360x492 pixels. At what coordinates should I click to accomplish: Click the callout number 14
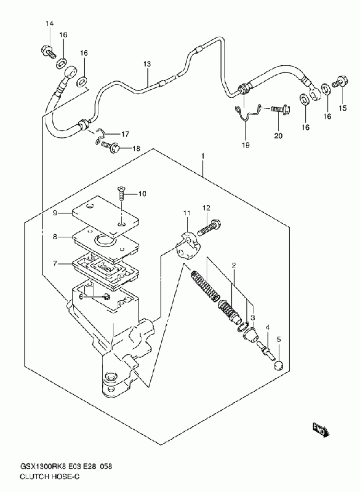50,23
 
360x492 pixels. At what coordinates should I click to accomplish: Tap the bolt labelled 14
49,52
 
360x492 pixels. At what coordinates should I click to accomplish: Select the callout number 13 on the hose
147,64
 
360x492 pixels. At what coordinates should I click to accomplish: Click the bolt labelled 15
340,82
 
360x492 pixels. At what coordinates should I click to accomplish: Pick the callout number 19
246,145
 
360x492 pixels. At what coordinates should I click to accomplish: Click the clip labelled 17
100,137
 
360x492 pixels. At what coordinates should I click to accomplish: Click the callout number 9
55,213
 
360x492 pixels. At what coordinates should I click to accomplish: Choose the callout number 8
55,237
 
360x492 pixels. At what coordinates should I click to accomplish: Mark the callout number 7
55,263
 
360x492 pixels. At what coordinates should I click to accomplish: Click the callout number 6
81,296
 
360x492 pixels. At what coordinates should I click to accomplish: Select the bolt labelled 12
209,228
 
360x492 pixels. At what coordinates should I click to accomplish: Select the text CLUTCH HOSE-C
50,477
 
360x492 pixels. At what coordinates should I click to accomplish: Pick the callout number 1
203,156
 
